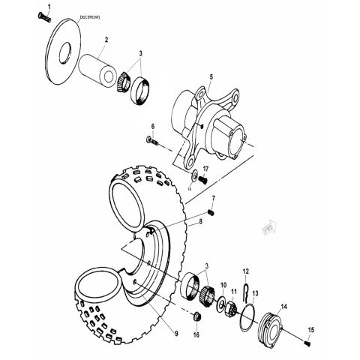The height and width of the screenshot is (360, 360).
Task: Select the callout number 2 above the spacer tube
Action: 106,39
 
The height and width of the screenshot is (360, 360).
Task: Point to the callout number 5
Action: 211,77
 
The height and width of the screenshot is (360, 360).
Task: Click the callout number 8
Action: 200,222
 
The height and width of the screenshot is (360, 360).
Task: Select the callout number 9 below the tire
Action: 177,332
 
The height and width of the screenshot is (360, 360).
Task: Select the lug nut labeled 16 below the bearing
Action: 196,316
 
